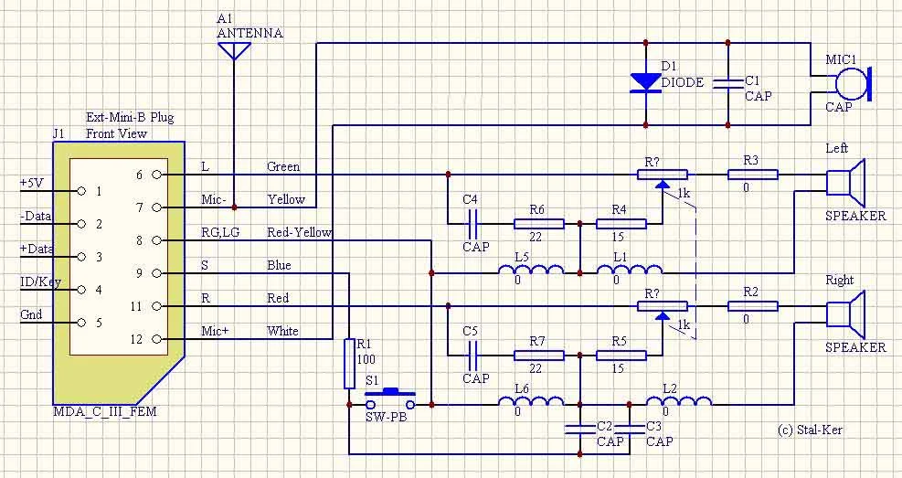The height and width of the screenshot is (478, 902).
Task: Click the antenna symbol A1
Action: pos(235,50)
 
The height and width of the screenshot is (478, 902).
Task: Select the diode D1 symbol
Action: pos(646,81)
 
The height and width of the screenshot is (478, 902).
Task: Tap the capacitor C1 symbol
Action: pos(728,83)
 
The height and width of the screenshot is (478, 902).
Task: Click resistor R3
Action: pos(752,174)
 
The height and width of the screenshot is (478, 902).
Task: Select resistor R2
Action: pos(752,305)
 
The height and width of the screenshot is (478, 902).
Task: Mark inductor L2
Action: pos(678,403)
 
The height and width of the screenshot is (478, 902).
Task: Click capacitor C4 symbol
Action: pos(474,221)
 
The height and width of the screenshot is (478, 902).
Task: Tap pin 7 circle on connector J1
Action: pos(157,207)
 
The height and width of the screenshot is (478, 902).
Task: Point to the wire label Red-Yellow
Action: pos(300,233)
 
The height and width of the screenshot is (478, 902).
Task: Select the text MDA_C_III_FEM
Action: pos(104,411)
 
